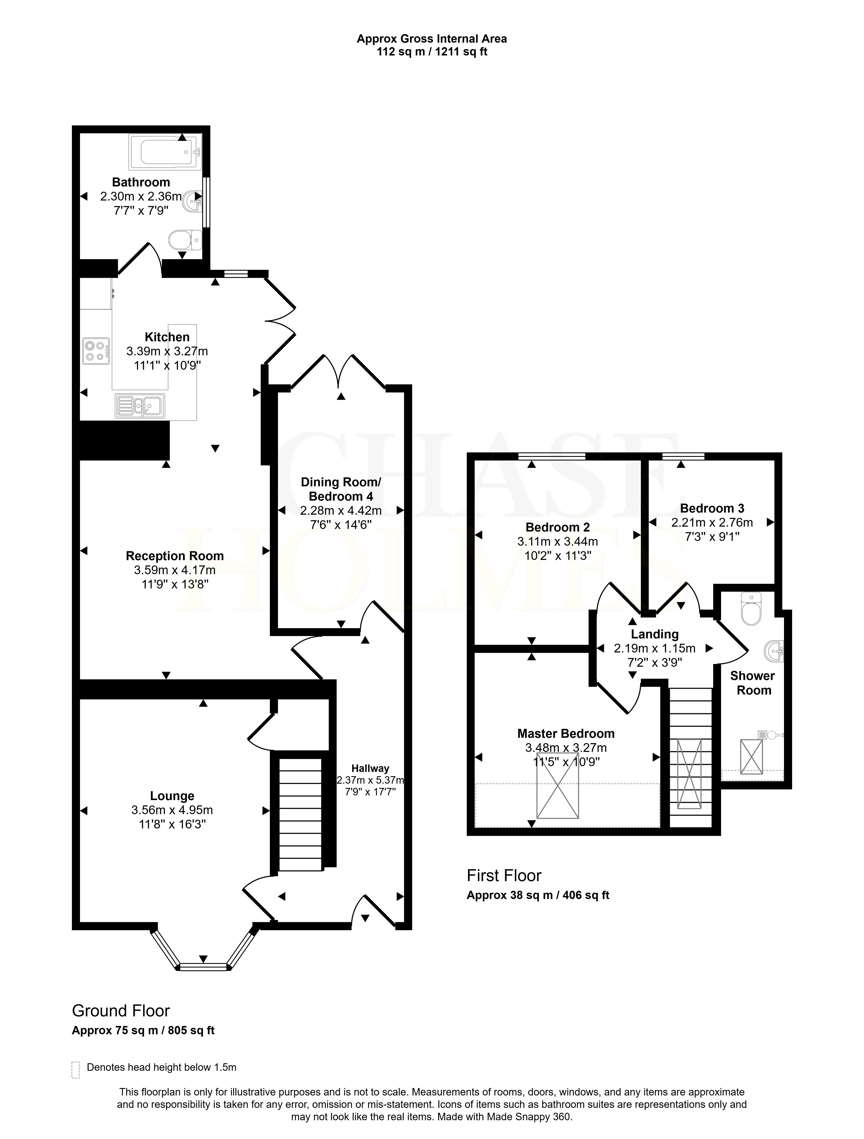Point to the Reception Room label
click(x=175, y=556)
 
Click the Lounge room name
click(x=172, y=796)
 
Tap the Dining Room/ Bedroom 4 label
click(x=341, y=489)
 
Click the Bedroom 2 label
click(x=558, y=527)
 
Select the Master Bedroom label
click(x=566, y=733)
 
